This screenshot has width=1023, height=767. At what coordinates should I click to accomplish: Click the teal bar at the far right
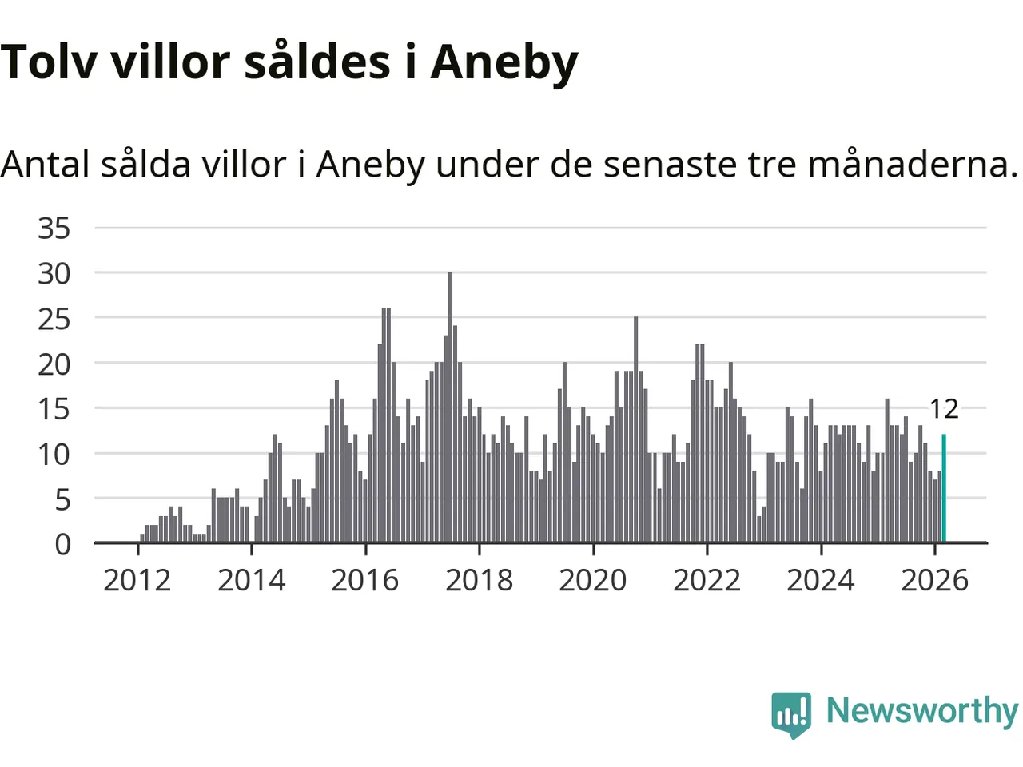[x=944, y=488]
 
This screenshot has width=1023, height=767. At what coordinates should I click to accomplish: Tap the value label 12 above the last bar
[x=944, y=409]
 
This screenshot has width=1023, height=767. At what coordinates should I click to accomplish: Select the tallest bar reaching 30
[x=450, y=407]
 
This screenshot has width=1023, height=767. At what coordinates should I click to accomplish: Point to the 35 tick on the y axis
[x=54, y=229]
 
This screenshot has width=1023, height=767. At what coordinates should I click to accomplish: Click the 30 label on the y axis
[x=54, y=274]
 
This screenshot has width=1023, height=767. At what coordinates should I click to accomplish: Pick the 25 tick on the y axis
[x=54, y=320]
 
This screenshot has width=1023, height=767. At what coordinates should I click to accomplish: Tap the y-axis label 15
[x=54, y=410]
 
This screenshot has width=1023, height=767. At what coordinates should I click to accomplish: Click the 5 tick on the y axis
[x=62, y=500]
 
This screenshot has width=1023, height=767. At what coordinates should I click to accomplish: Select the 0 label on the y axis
[x=62, y=545]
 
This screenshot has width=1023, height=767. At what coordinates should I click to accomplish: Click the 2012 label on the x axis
[x=137, y=581]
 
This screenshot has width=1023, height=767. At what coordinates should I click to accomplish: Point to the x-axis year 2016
[x=365, y=581]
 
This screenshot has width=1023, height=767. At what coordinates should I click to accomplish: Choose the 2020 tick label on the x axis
[x=593, y=581]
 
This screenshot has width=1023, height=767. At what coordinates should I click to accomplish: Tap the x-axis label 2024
[x=821, y=581]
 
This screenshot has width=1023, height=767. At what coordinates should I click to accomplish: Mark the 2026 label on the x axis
[x=934, y=581]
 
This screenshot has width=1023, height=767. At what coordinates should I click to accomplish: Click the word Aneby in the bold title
[x=504, y=62]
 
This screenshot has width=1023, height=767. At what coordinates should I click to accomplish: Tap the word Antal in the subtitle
[x=45, y=165]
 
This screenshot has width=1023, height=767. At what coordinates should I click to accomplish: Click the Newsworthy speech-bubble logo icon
[x=791, y=713]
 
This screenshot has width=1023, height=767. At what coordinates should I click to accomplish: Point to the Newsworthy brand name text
[x=921, y=711]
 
